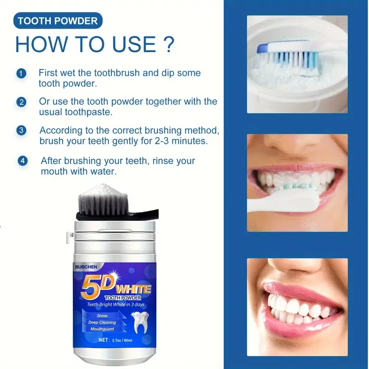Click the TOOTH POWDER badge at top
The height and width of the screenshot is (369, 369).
coord(58,21)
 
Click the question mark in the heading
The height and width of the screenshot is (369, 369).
coord(168,44)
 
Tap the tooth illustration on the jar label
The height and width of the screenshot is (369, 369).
coord(139,324)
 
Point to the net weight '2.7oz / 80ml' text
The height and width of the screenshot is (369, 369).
coord(116,340)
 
